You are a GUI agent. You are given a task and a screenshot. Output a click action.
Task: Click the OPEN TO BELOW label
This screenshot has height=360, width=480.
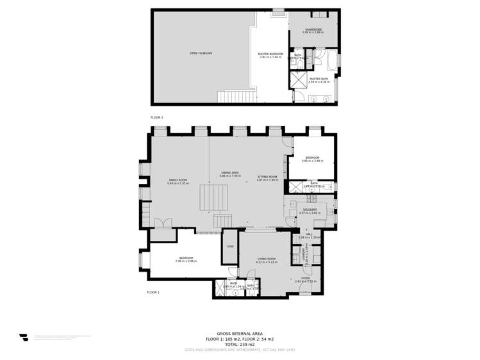pos(201,53)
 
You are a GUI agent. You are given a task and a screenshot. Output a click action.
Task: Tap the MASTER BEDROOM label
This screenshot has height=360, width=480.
pos(270,54)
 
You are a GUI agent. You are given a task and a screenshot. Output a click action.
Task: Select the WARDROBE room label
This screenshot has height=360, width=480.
pos(313,29)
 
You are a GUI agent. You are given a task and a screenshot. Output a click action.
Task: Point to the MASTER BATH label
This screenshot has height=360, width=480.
pos(319,79)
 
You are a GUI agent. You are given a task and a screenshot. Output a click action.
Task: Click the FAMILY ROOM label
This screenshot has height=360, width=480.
pos(178,180)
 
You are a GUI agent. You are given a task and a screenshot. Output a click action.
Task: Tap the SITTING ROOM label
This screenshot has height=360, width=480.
pos(267,177)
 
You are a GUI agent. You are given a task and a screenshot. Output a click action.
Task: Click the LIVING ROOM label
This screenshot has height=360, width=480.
pos(267,259)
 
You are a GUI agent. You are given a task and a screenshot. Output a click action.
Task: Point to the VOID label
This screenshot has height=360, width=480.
pos(230,246)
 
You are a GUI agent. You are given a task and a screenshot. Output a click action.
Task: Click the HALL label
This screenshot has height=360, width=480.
pos(309,234)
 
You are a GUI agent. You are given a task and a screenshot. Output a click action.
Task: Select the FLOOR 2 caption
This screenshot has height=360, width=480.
pos(157,118)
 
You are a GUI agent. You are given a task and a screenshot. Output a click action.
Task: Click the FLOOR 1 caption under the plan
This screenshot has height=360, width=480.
pos(153,292)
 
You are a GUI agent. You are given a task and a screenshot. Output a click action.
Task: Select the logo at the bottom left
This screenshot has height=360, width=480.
pos(24,338)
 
